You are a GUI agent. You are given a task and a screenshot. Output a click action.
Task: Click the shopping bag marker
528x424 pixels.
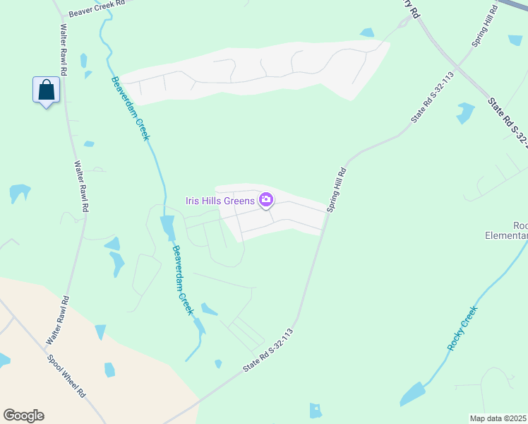[46, 90]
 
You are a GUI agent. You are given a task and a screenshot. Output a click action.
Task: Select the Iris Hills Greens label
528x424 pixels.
[220, 201]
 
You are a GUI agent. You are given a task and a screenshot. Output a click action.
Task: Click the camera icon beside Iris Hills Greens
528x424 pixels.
[266, 200]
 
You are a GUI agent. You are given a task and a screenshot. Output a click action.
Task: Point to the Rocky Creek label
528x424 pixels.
[462, 328]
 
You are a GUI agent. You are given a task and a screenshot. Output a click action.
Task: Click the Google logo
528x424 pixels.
[23, 416]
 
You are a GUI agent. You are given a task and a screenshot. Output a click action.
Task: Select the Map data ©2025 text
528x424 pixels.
[498, 418]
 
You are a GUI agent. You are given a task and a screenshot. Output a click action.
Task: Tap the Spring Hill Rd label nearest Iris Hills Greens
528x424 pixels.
[336, 189]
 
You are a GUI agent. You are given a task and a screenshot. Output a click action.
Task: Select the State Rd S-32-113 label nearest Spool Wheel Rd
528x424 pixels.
[268, 351]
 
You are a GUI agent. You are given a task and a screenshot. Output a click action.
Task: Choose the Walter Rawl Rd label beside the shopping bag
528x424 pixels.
[64, 51]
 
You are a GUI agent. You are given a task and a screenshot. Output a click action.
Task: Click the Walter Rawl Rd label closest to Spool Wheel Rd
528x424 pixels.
[56, 320]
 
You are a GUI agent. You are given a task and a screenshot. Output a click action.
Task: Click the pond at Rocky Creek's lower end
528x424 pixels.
[413, 393]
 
